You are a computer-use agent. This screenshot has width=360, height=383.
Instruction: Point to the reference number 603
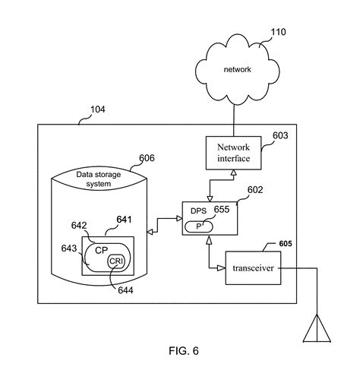click(x=281, y=135)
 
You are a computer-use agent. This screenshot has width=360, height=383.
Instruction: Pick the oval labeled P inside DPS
click(x=201, y=226)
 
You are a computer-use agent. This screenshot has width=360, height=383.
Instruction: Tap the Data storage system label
click(x=103, y=179)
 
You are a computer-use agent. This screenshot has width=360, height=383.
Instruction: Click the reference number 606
click(x=147, y=159)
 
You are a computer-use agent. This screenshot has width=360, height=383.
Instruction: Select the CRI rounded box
click(x=115, y=261)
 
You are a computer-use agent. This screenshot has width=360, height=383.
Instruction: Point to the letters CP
click(x=99, y=250)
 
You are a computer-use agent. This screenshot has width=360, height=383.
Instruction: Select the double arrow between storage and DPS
click(x=166, y=220)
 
